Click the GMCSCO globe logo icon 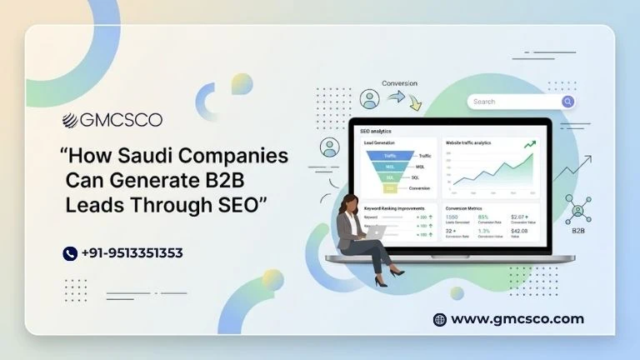point(70,119)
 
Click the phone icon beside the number point(70,253)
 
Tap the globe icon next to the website point(440,319)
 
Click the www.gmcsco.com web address point(517,319)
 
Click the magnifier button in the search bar point(567,102)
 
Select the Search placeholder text point(484,102)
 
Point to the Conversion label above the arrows point(399,83)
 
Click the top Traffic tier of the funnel point(390,156)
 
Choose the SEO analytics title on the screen point(376,132)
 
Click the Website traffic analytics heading point(468,142)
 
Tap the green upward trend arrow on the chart point(529,145)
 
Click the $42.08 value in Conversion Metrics point(518,230)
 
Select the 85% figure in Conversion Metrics point(482,217)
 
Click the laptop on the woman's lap point(373,232)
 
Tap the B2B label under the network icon point(578,230)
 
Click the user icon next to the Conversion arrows point(369,99)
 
